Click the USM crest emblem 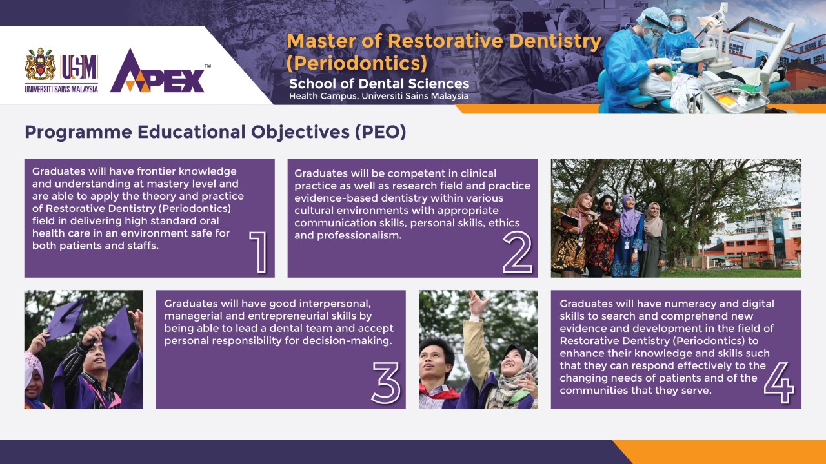pos(40,64)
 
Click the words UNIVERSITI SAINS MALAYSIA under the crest pos(61,89)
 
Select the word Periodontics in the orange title pos(357,63)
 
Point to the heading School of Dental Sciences pos(379,84)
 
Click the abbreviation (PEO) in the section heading pos(381,132)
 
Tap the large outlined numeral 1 pos(259,252)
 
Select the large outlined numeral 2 pos(518,252)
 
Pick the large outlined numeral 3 pos(386,383)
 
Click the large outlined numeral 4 pos(779,383)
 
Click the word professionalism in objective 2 pos(359,236)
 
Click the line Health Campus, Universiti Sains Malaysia pos(379,97)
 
